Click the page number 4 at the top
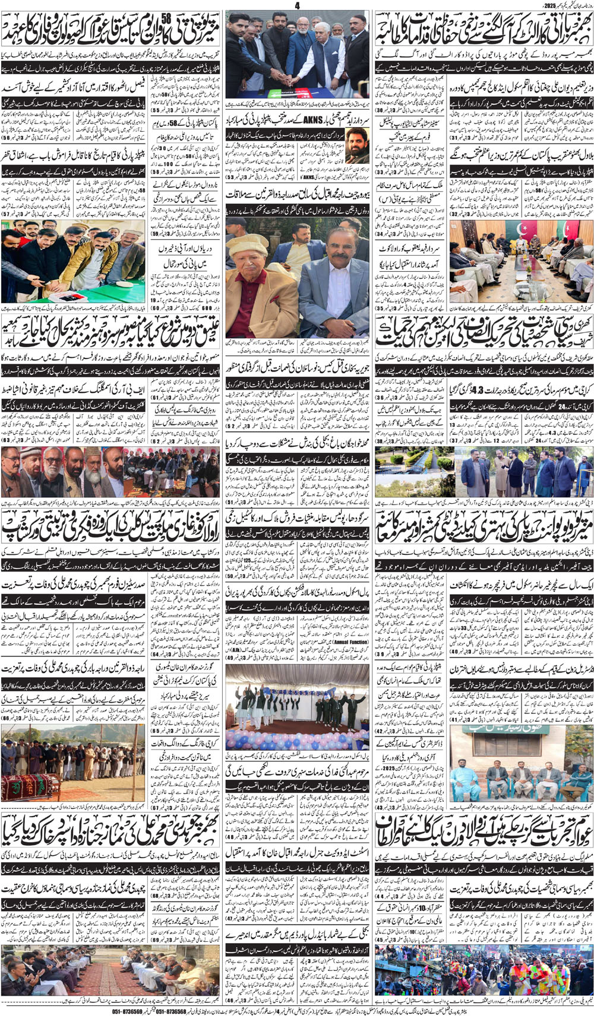coord(297,5)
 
